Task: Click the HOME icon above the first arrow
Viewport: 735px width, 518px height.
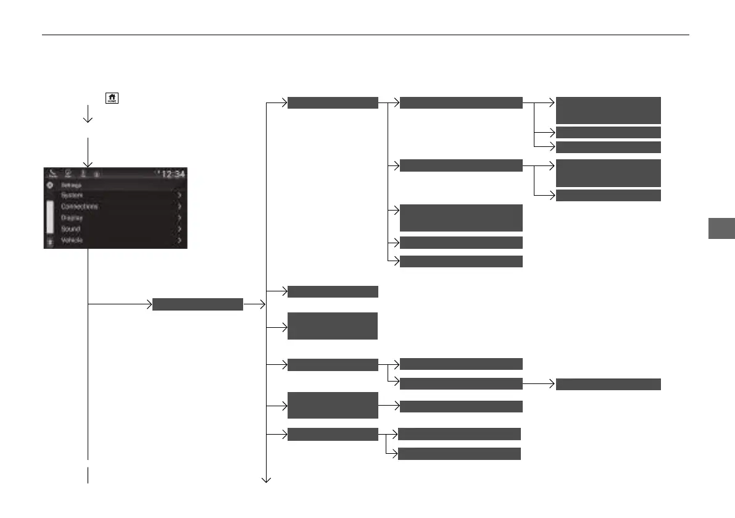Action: point(112,98)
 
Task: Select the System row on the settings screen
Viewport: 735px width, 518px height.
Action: point(72,195)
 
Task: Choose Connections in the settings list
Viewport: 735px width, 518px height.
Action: point(80,206)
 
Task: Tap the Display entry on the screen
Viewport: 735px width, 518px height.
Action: point(72,217)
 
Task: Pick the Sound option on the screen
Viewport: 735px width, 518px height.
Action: point(70,228)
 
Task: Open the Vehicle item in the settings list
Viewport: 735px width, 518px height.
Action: point(72,240)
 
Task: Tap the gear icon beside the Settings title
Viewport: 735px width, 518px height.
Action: point(51,185)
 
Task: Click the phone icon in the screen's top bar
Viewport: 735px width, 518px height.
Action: point(53,174)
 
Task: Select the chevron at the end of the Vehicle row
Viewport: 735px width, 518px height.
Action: point(180,240)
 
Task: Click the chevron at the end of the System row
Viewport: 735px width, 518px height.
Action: point(180,195)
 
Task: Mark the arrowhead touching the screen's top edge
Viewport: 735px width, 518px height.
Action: point(88,164)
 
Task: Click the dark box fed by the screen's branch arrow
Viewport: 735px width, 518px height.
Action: point(197,304)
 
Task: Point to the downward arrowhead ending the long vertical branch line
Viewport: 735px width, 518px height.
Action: point(267,479)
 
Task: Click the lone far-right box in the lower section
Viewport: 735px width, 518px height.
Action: point(608,384)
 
